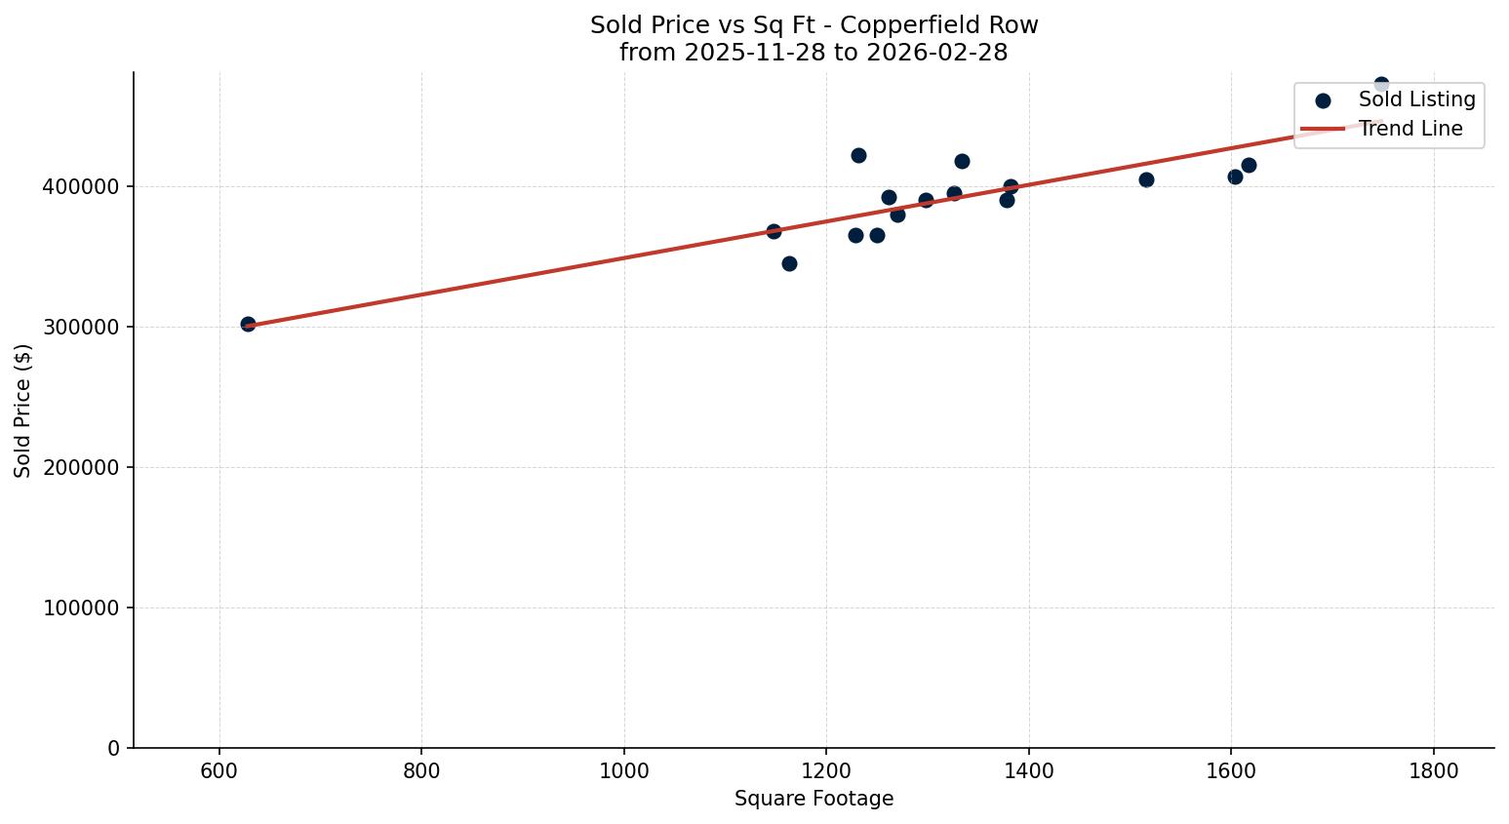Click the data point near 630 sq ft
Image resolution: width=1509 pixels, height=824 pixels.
point(248,324)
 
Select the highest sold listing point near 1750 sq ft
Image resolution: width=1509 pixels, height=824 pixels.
point(1381,85)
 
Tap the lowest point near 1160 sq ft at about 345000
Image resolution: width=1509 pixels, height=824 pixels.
point(789,263)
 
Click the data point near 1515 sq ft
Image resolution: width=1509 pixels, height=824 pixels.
point(1146,179)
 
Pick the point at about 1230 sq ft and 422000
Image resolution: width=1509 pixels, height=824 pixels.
point(858,155)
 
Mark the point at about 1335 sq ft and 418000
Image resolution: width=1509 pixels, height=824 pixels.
point(962,161)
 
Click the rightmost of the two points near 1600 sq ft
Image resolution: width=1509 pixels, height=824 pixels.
point(1249,165)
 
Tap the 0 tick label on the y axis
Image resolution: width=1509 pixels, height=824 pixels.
point(114,748)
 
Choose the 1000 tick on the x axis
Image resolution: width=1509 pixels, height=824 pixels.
point(624,771)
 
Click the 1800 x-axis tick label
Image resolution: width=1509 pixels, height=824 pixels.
point(1434,771)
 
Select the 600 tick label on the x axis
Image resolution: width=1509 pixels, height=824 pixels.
point(219,771)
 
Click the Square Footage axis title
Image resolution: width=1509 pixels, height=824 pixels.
point(814,799)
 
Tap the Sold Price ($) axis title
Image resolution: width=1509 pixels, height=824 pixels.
point(23,411)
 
